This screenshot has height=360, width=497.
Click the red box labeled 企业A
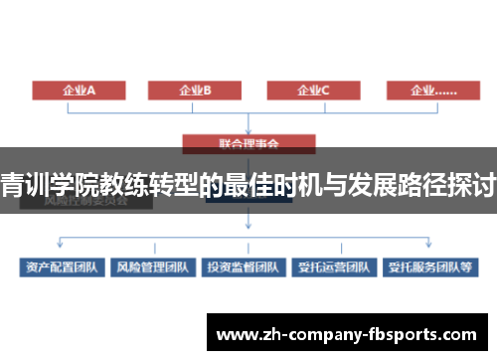coord(79,90)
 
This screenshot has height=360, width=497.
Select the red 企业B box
coord(196,90)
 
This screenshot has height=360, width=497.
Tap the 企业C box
coord(313,90)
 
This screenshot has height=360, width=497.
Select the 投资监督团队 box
coord(243,267)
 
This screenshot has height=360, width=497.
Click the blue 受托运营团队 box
coord(332,267)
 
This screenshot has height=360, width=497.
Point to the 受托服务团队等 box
coord(431,267)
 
